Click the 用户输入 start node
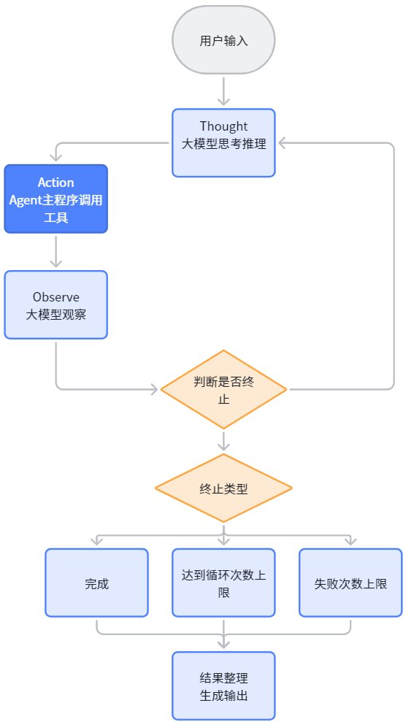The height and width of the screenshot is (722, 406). [x=223, y=40]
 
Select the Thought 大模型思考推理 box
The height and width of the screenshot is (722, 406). [x=223, y=142]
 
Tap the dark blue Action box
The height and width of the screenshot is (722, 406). [x=55, y=199]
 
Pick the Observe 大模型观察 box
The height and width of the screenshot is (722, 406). [x=55, y=304]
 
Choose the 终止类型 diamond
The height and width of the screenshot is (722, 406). [x=223, y=488]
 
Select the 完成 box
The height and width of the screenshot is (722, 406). [x=96, y=583]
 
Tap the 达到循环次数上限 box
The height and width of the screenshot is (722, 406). [x=223, y=583]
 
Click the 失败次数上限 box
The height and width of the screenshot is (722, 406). [x=351, y=583]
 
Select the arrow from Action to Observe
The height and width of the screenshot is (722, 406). [x=55, y=251]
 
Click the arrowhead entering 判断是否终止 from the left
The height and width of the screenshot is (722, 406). [x=154, y=390]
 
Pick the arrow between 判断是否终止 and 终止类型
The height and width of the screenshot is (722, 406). [x=223, y=441]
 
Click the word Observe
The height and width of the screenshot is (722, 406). [x=55, y=296]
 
